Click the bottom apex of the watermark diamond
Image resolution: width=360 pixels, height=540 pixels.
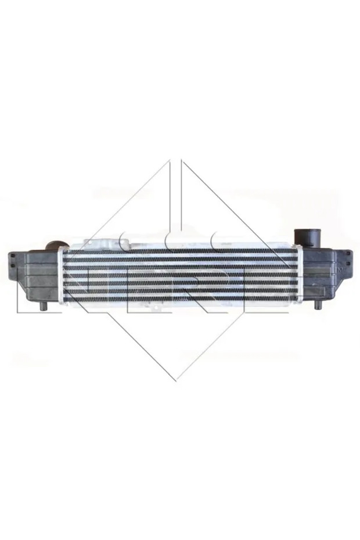coord(175,380)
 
